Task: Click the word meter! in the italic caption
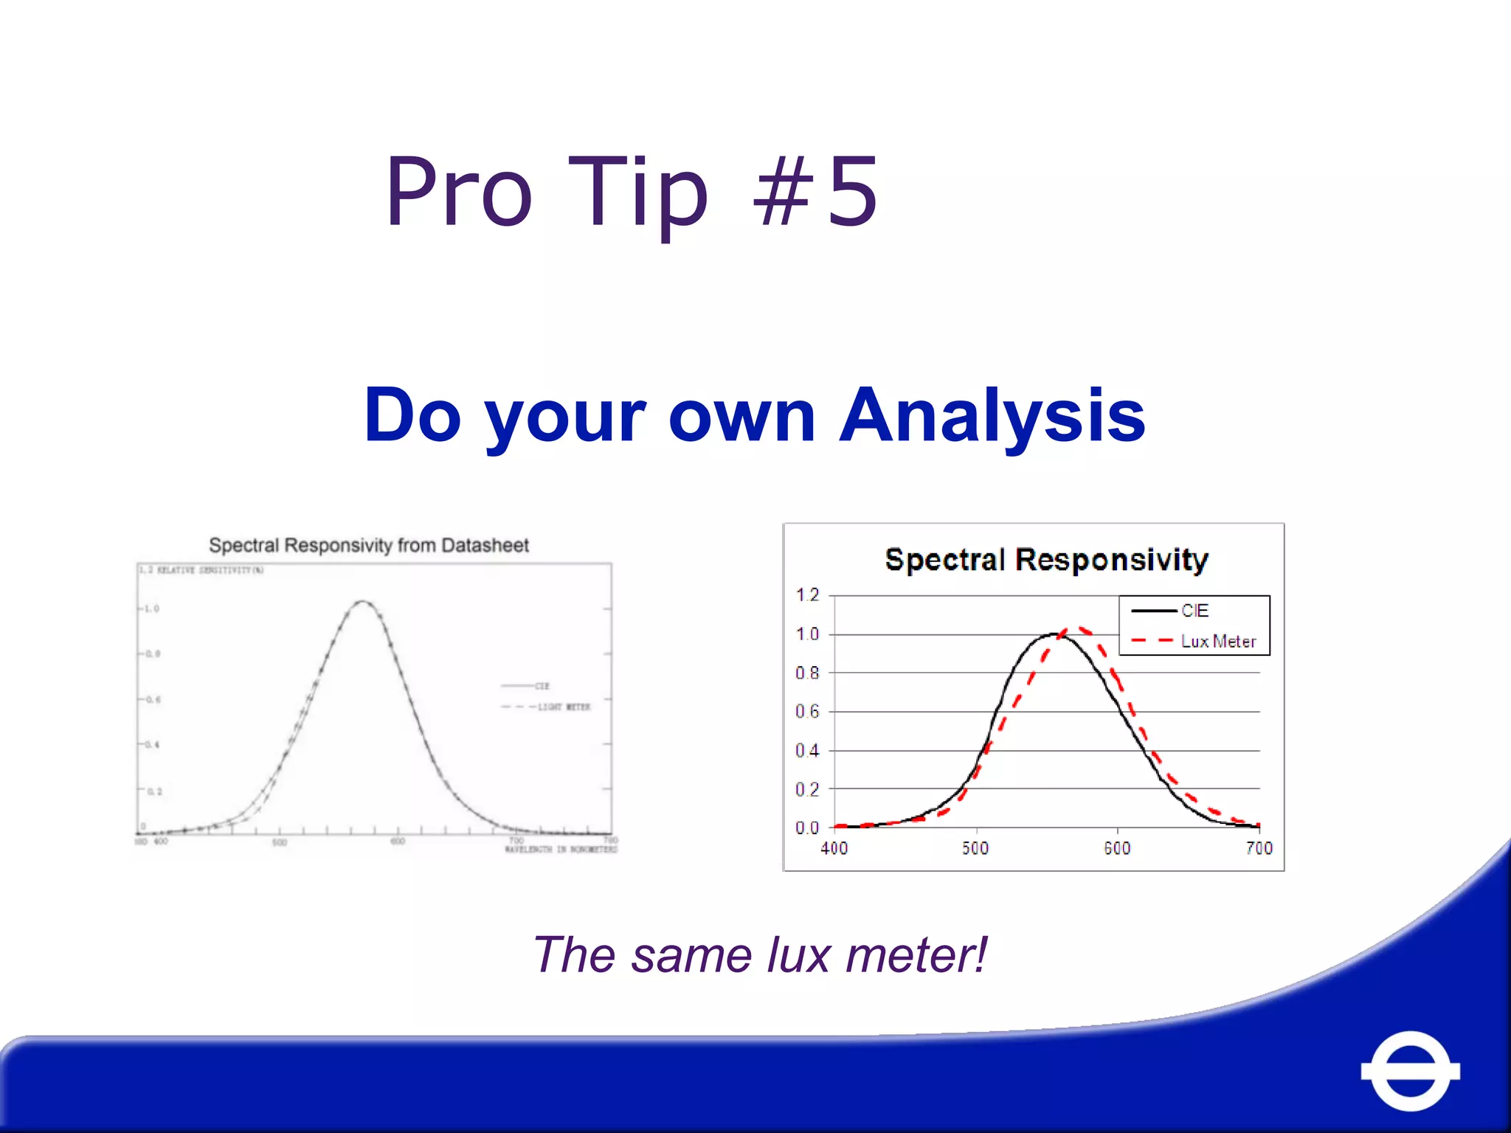tap(916, 954)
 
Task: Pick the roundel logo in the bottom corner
tap(1410, 1070)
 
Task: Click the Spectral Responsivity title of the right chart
tap(1046, 559)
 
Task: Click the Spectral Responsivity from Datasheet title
tap(369, 545)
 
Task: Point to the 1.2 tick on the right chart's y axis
tap(807, 595)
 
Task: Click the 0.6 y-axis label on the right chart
tap(807, 711)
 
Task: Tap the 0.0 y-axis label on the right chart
tap(807, 828)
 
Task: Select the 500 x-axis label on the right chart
tap(975, 848)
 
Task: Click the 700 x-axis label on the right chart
tap(1259, 848)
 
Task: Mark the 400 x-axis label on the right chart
tap(834, 848)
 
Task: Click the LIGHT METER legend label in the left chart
tap(564, 707)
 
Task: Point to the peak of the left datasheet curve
tap(362, 602)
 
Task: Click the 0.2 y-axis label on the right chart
tap(807, 789)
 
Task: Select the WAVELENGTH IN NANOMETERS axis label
tap(561, 850)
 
